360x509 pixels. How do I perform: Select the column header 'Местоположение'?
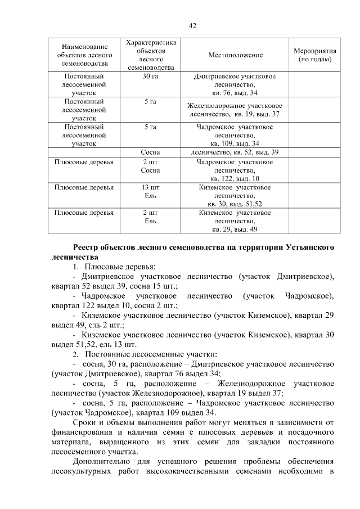(x=235, y=55)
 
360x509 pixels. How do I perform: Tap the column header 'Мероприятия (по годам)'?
(x=315, y=55)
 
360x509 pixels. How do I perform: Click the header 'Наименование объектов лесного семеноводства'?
(x=84, y=55)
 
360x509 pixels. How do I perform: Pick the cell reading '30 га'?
(x=150, y=76)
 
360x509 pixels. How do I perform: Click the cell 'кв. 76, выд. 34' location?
(x=235, y=92)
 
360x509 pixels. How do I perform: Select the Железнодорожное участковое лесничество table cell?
(x=235, y=110)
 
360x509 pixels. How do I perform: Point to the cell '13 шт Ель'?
(x=150, y=191)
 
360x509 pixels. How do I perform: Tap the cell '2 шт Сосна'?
(x=150, y=166)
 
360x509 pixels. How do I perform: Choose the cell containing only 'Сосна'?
(x=150, y=152)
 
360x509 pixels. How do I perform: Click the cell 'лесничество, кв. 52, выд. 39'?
(x=235, y=152)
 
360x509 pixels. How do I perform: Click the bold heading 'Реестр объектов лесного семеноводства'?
(x=204, y=247)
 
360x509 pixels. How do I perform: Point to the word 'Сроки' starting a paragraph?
(x=85, y=422)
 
